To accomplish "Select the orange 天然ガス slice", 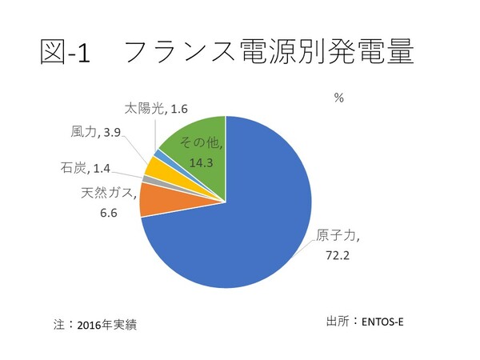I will (153, 201).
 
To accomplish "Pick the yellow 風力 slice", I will (154, 170).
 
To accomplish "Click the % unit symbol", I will (338, 97).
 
